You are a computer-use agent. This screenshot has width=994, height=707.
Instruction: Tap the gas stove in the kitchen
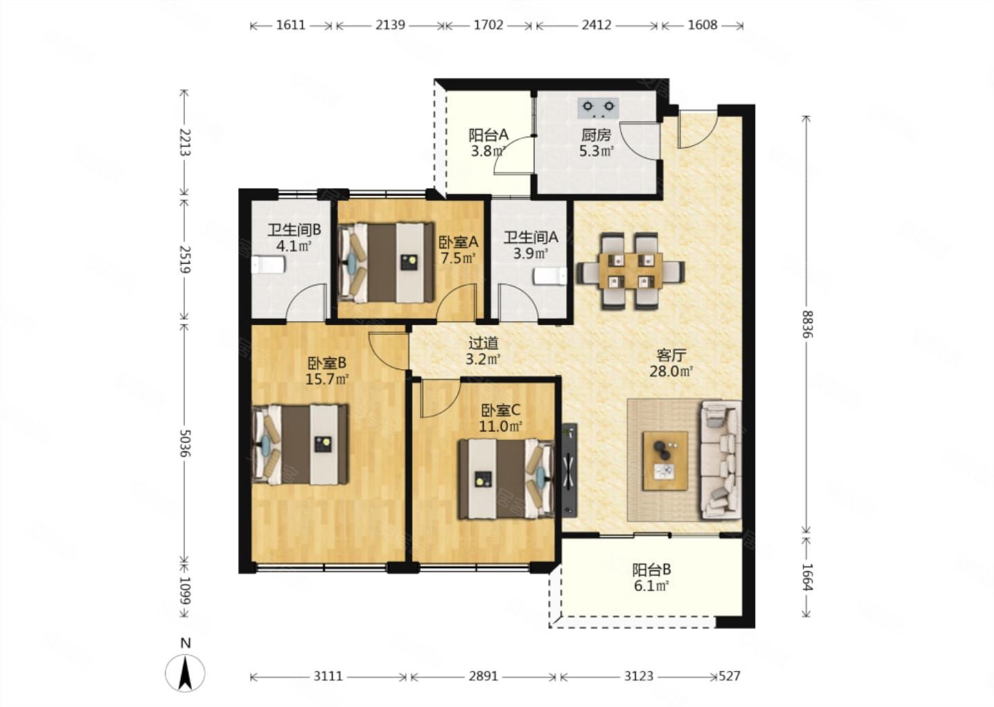pyautogui.click(x=598, y=108)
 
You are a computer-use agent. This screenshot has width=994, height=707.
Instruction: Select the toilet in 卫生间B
pyautogui.click(x=268, y=265)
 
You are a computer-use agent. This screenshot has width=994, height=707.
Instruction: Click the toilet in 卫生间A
pyautogui.click(x=550, y=276)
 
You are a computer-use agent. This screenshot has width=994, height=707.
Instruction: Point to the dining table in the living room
pyautogui.click(x=630, y=271)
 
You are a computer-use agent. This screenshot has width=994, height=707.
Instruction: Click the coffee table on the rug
pyautogui.click(x=665, y=461)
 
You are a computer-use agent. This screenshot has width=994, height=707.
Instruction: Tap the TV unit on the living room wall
pyautogui.click(x=569, y=469)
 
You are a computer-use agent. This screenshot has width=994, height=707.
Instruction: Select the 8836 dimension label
pyautogui.click(x=808, y=324)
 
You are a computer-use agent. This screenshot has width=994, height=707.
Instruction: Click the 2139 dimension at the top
pyautogui.click(x=391, y=25)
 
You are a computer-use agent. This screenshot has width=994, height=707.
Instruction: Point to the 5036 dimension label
pyautogui.click(x=186, y=443)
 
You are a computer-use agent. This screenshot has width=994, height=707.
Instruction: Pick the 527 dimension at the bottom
pyautogui.click(x=730, y=676)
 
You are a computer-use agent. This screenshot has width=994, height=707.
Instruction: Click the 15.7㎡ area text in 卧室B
pyautogui.click(x=327, y=380)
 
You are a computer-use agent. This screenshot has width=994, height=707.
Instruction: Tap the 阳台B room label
pyautogui.click(x=652, y=570)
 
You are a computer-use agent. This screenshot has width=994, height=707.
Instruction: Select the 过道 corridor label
pyautogui.click(x=484, y=342)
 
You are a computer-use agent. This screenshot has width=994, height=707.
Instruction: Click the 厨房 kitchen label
pyautogui.click(x=596, y=135)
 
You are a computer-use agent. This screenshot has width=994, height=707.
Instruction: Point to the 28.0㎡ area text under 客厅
pyautogui.click(x=672, y=371)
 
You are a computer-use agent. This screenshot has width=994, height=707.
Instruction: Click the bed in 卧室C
pyautogui.click(x=506, y=478)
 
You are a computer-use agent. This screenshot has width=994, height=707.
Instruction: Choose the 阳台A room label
pyautogui.click(x=489, y=135)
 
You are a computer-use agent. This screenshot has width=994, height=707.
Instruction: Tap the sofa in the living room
pyautogui.click(x=721, y=460)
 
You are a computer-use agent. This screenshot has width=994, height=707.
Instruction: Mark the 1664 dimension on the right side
pyautogui.click(x=808, y=577)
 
